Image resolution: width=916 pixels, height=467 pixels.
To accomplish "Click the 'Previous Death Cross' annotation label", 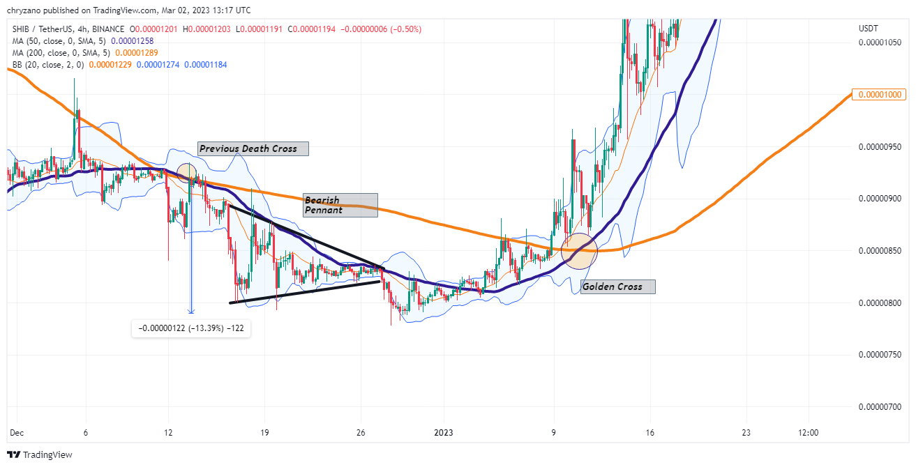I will point(253,148).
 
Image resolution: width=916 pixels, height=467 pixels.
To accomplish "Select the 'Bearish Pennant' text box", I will point(340,205).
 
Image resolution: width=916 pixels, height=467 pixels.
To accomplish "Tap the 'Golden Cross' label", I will point(618,286).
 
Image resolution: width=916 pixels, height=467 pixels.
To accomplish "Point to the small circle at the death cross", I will point(186,173).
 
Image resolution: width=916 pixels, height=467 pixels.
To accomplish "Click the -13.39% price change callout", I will point(191,328).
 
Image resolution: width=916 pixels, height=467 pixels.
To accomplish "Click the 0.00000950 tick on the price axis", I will point(879,147).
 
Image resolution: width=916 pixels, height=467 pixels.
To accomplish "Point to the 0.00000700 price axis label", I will point(879,407).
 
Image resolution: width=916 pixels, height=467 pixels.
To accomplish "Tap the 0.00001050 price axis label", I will point(879,43).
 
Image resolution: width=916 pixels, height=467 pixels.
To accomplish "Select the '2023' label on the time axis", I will point(443,433).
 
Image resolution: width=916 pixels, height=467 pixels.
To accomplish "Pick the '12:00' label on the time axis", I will point(809,433).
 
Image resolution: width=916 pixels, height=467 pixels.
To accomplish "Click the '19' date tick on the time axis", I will point(264,433).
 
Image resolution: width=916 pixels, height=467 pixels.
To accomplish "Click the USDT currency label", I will point(869,29).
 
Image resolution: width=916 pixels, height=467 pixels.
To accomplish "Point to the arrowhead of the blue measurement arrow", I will point(191,312).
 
